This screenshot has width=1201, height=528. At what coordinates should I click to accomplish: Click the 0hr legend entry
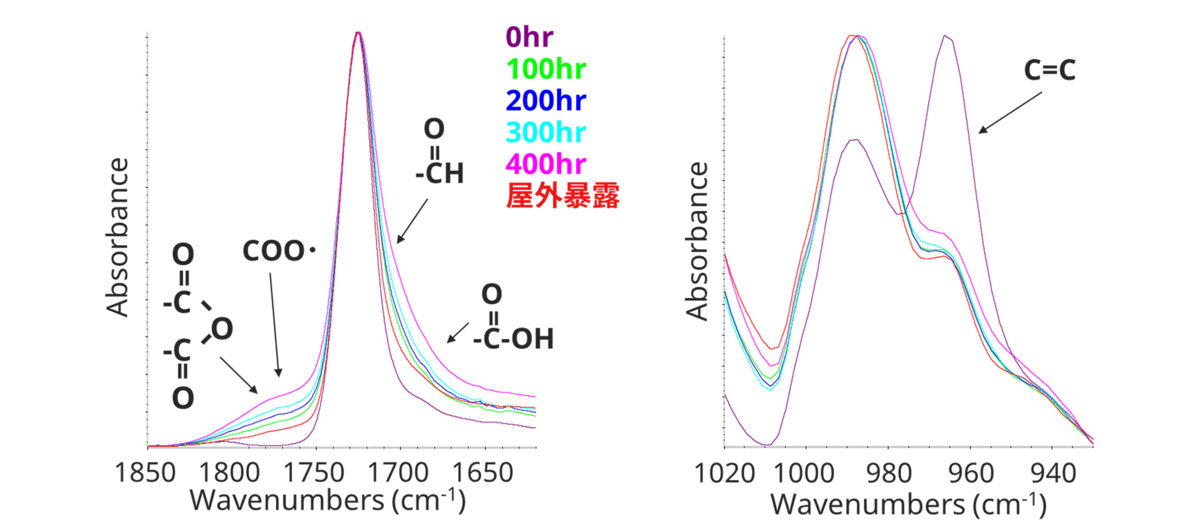click(x=529, y=37)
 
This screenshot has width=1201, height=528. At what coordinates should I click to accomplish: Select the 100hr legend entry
click(x=546, y=69)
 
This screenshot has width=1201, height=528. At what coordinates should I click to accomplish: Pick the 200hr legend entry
click(x=546, y=100)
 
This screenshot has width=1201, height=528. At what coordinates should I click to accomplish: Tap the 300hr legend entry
click(x=546, y=132)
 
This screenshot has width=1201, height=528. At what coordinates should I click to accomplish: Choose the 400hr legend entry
click(x=546, y=164)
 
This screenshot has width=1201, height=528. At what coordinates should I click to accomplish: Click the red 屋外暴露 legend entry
click(x=562, y=196)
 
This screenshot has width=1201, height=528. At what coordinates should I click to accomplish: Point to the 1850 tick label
click(x=145, y=473)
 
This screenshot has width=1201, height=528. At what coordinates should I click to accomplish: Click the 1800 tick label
click(x=229, y=473)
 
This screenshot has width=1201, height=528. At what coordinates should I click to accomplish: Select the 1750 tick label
click(x=314, y=473)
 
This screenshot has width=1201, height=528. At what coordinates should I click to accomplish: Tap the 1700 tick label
click(x=398, y=473)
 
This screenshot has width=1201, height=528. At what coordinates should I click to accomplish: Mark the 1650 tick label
click(x=483, y=473)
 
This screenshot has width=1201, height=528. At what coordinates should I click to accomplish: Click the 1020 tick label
click(x=724, y=474)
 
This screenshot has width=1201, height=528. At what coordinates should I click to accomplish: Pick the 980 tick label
click(x=889, y=474)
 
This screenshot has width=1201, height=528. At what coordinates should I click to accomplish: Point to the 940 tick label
click(x=1053, y=474)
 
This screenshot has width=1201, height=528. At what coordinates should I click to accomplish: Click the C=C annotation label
click(x=1049, y=70)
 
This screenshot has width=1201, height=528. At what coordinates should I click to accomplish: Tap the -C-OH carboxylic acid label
click(x=513, y=339)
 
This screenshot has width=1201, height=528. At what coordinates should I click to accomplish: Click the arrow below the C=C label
click(x=1010, y=113)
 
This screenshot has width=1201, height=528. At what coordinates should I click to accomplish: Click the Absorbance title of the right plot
click(x=697, y=241)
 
